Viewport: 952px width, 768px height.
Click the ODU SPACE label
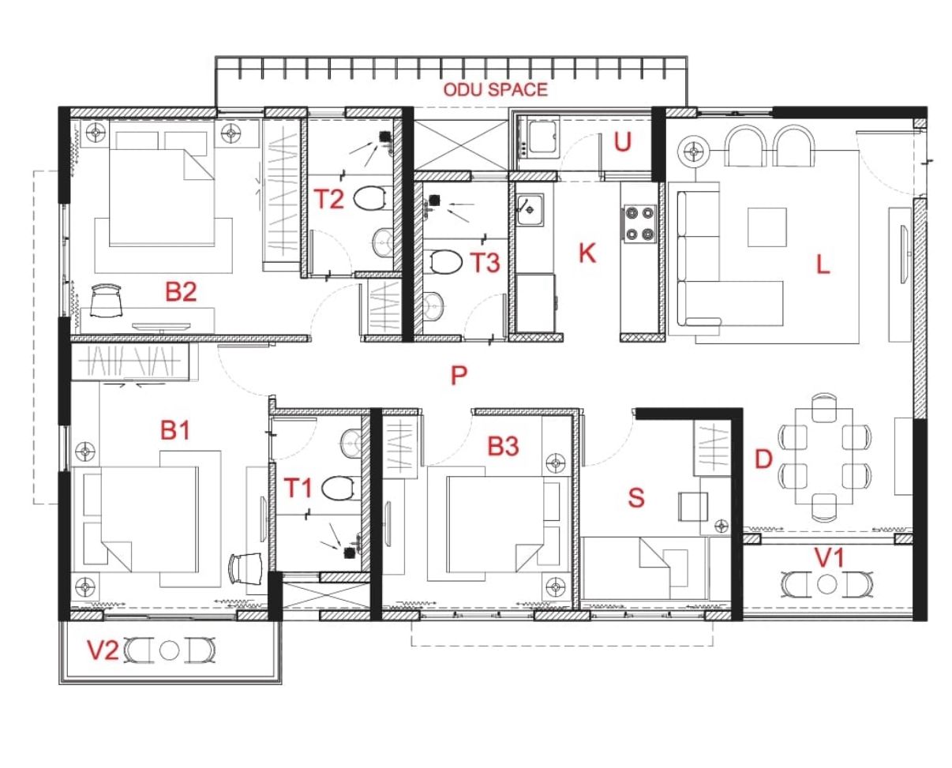495,90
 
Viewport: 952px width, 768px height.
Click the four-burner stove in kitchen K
639,223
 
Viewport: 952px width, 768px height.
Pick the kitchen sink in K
530,210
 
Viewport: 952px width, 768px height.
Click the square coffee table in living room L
767,227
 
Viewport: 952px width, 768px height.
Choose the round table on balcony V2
169,650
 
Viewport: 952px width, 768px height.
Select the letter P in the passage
459,376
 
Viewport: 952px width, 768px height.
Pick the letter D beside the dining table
763,459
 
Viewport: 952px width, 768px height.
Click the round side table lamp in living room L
694,152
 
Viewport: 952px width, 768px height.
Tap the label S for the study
636,498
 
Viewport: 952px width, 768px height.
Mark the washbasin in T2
382,242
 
